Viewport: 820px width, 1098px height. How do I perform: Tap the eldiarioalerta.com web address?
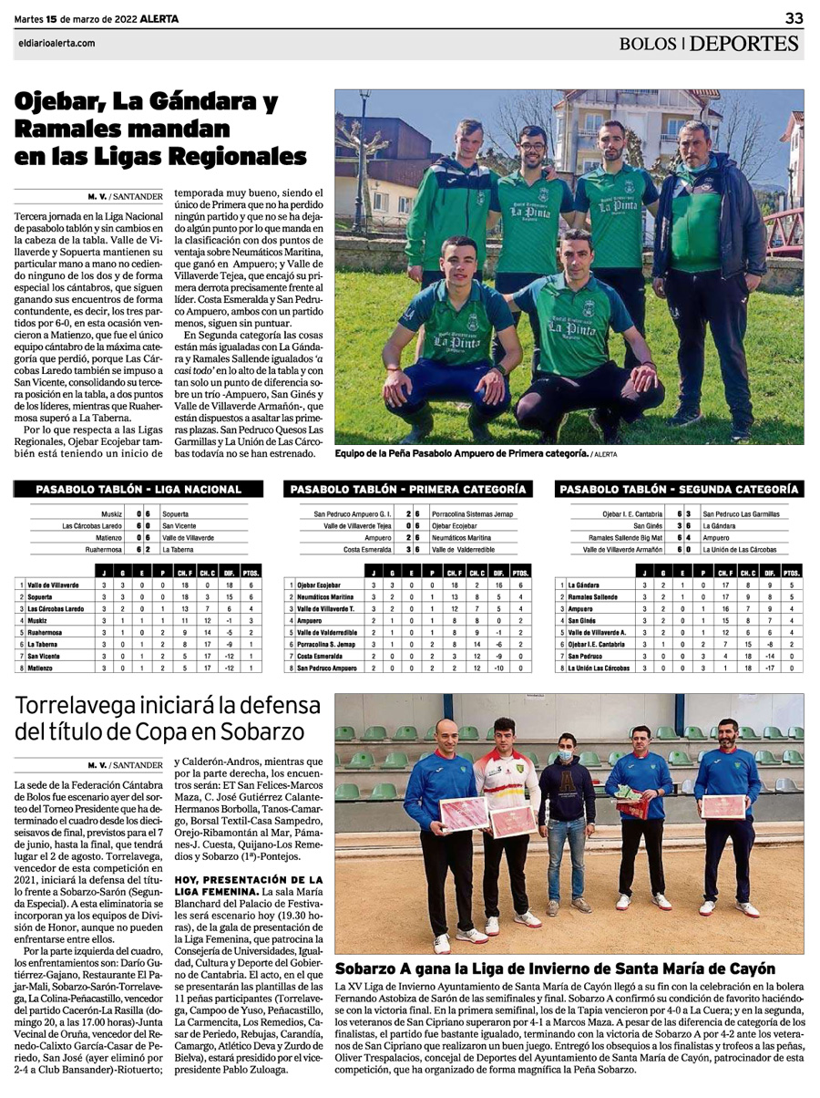coord(56,42)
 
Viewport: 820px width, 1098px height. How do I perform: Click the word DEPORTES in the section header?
coord(744,43)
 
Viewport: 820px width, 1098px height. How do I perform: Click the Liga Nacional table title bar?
coord(138,489)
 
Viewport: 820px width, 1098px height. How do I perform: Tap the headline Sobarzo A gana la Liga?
coord(555,969)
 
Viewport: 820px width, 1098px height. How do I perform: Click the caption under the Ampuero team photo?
coord(461,452)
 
